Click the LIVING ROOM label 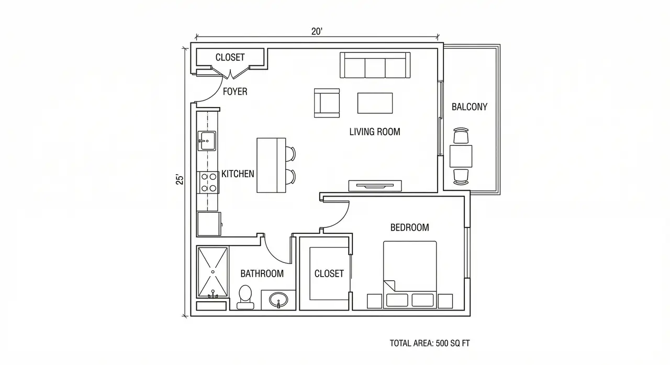(x=374, y=132)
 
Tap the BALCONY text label (x=469, y=107)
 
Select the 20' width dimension (x=317, y=31)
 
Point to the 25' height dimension (x=180, y=179)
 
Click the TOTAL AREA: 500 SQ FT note (x=432, y=344)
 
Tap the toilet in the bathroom (x=244, y=295)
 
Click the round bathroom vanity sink (x=278, y=300)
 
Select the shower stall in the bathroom (x=213, y=271)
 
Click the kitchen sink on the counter (x=207, y=140)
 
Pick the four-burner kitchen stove (x=208, y=182)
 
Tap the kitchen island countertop (x=271, y=165)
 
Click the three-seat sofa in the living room (x=374, y=66)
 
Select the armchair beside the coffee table (x=327, y=102)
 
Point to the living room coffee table (x=375, y=103)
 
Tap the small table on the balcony (x=461, y=156)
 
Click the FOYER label (x=235, y=92)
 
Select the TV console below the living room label (x=375, y=185)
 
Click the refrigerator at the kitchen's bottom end (x=208, y=224)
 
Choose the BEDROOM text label (x=409, y=227)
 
